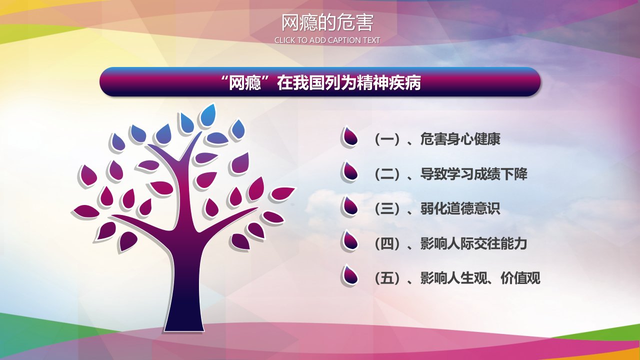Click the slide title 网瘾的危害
point(327,23)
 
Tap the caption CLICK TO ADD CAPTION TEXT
point(327,40)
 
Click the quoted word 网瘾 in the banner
point(245,83)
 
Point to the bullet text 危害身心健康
point(460,139)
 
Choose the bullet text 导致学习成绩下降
point(473,174)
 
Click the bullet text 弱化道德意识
point(460,209)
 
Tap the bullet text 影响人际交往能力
point(473,243)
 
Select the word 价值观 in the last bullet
point(520,278)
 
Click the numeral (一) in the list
point(387,139)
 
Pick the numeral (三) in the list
point(387,209)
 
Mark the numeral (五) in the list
point(387,278)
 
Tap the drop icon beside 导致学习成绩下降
point(349,171)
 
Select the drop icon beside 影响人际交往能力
point(349,241)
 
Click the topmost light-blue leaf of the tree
point(207,115)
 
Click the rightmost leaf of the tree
point(282,193)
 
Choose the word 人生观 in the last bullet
point(460,278)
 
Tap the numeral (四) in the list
point(387,244)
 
